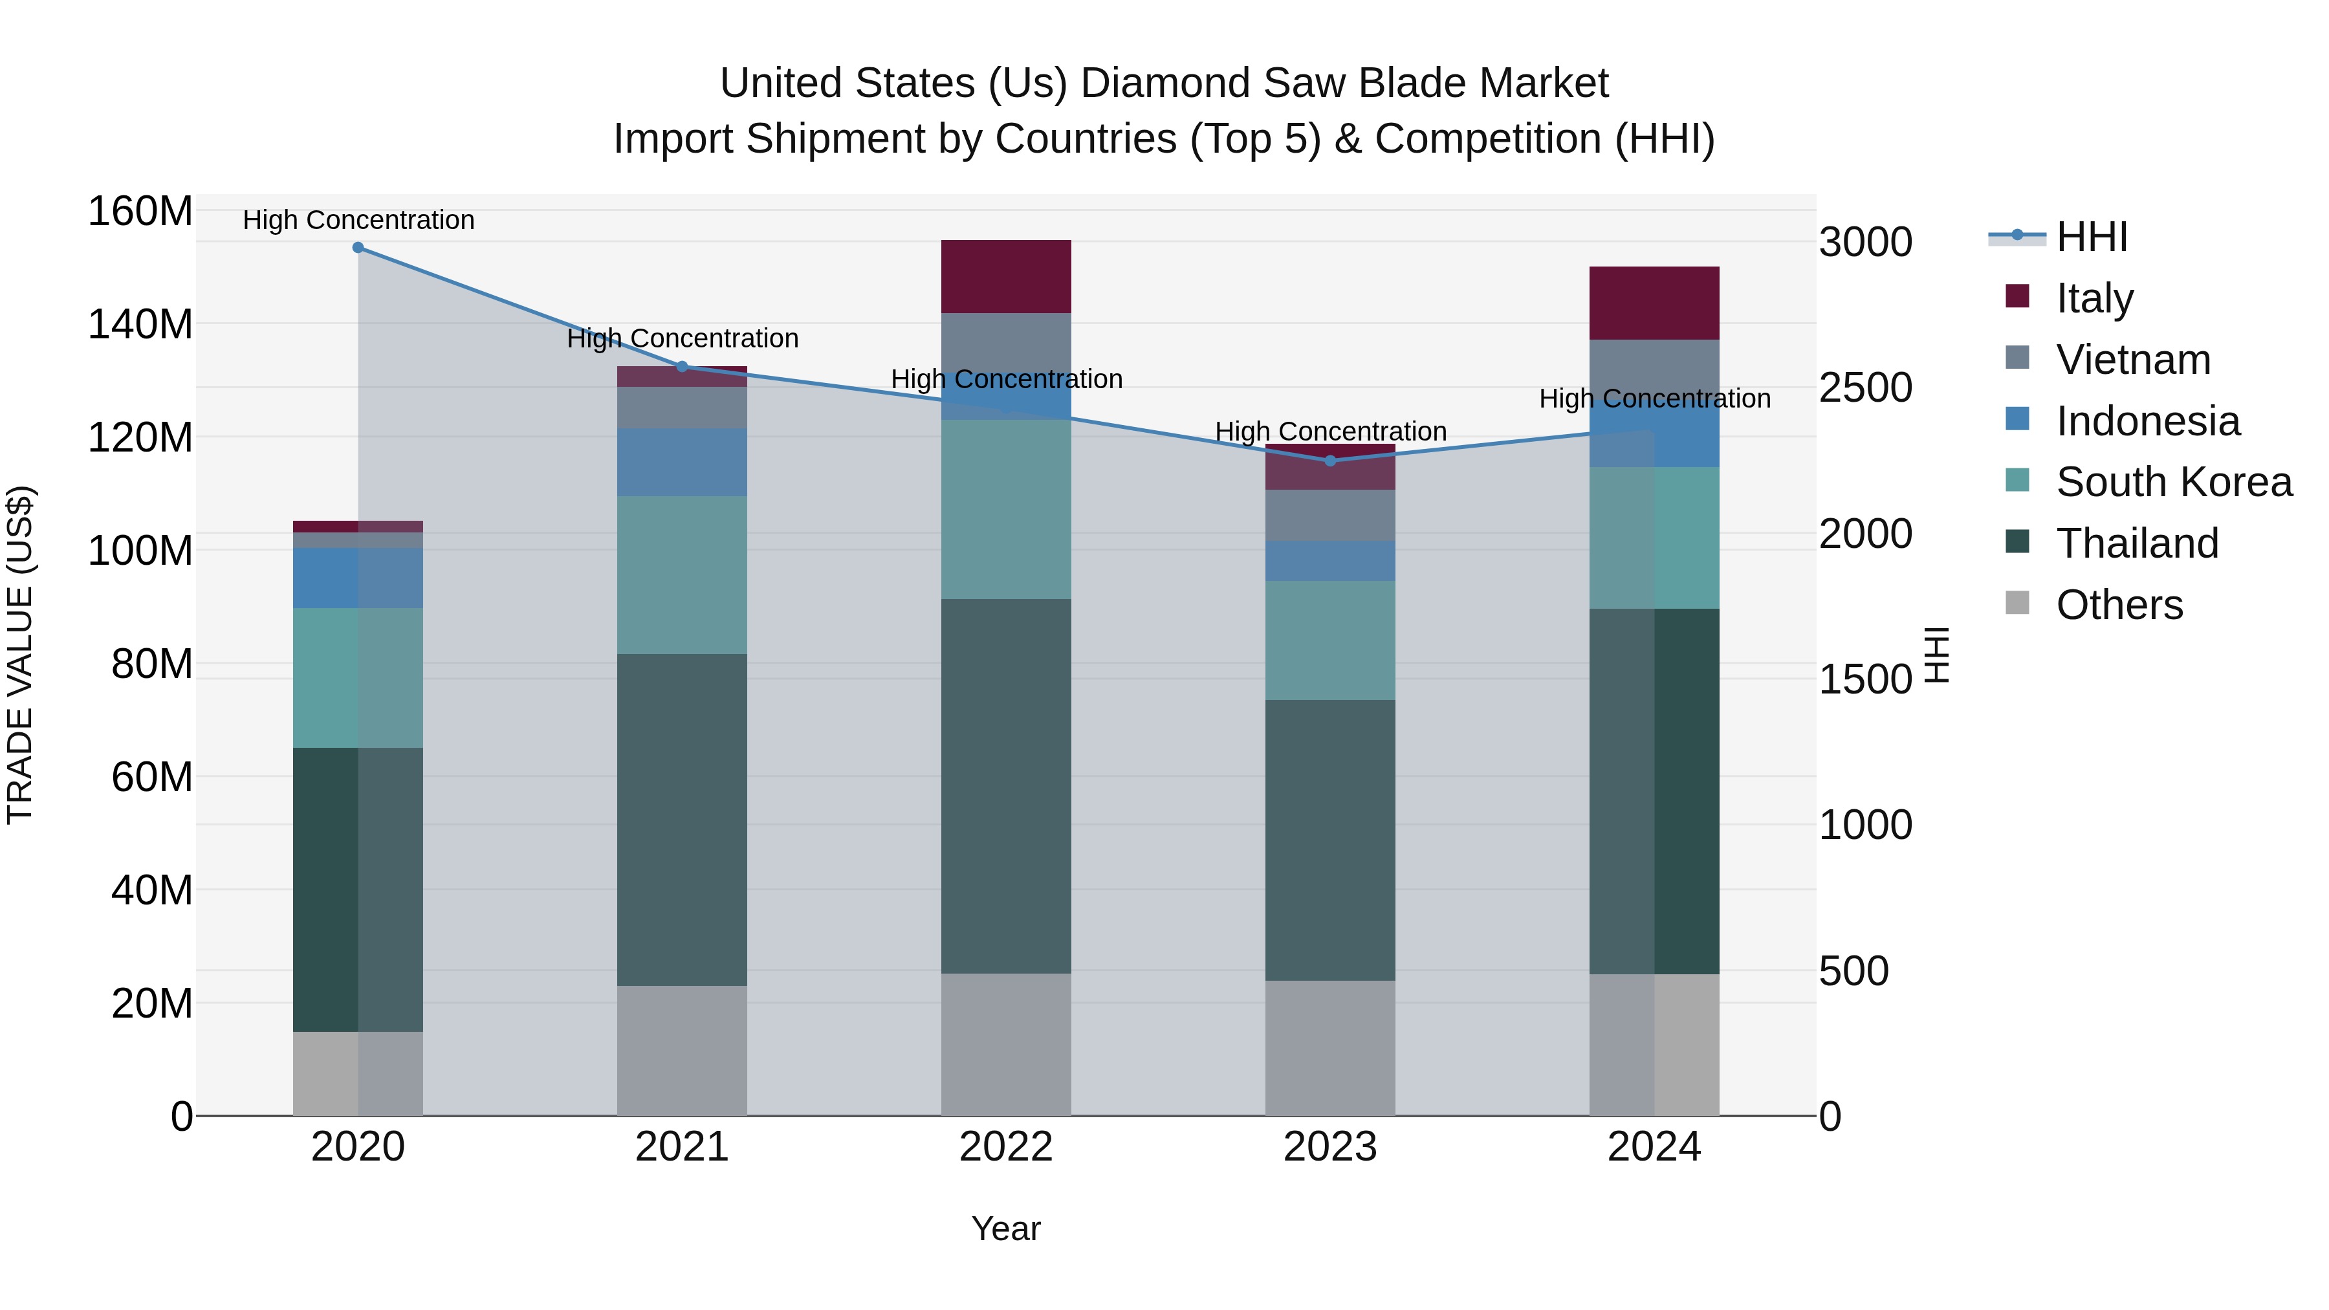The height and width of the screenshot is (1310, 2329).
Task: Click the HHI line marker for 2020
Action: (x=358, y=248)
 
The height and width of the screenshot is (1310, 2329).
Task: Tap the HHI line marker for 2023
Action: (x=1330, y=461)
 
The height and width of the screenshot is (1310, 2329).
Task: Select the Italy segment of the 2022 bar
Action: (x=1006, y=277)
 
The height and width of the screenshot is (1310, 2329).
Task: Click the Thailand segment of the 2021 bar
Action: (x=682, y=820)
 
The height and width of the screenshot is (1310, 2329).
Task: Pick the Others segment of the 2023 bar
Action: (x=1330, y=1048)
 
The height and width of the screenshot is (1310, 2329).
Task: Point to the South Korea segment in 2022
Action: (x=1006, y=509)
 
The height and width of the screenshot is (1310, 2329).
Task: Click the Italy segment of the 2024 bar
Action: (x=1654, y=303)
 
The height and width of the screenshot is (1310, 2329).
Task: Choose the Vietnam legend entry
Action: (x=2133, y=360)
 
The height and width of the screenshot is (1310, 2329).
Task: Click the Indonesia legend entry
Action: (x=2147, y=421)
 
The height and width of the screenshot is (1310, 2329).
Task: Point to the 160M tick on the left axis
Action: (x=140, y=212)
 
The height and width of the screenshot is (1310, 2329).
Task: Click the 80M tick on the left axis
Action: (x=152, y=664)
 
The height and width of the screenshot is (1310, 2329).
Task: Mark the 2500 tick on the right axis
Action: (x=1865, y=388)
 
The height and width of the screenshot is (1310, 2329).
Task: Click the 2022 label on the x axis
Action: (x=1006, y=1147)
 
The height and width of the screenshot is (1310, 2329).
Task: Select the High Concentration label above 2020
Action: (x=358, y=220)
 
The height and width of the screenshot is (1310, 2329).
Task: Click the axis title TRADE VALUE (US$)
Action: (x=20, y=655)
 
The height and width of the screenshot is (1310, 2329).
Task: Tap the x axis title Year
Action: (x=1005, y=1228)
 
